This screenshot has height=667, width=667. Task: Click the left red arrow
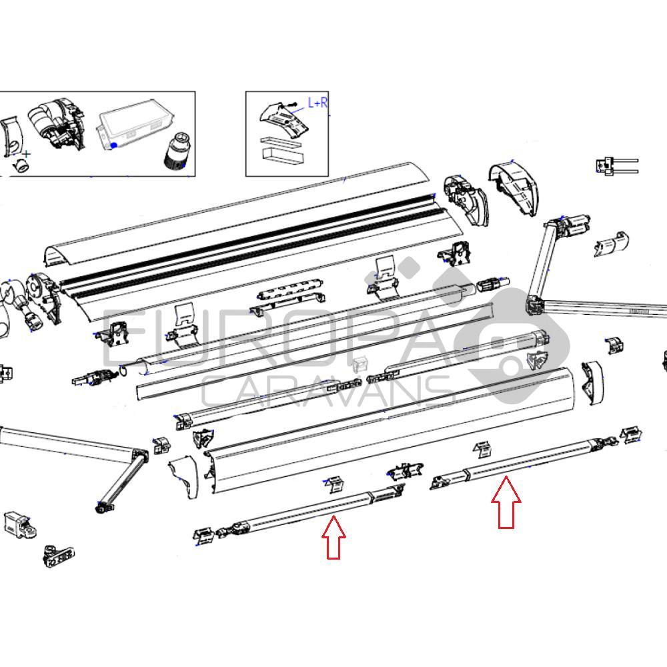tap(333, 537)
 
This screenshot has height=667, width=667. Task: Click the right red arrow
tap(507, 504)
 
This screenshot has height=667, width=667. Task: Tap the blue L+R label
tap(317, 103)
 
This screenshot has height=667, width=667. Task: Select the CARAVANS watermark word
tap(327, 390)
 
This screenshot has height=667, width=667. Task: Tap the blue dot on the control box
tap(114, 145)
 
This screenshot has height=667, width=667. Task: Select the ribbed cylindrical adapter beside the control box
tap(176, 148)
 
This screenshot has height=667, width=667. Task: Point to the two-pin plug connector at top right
tap(617, 165)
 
